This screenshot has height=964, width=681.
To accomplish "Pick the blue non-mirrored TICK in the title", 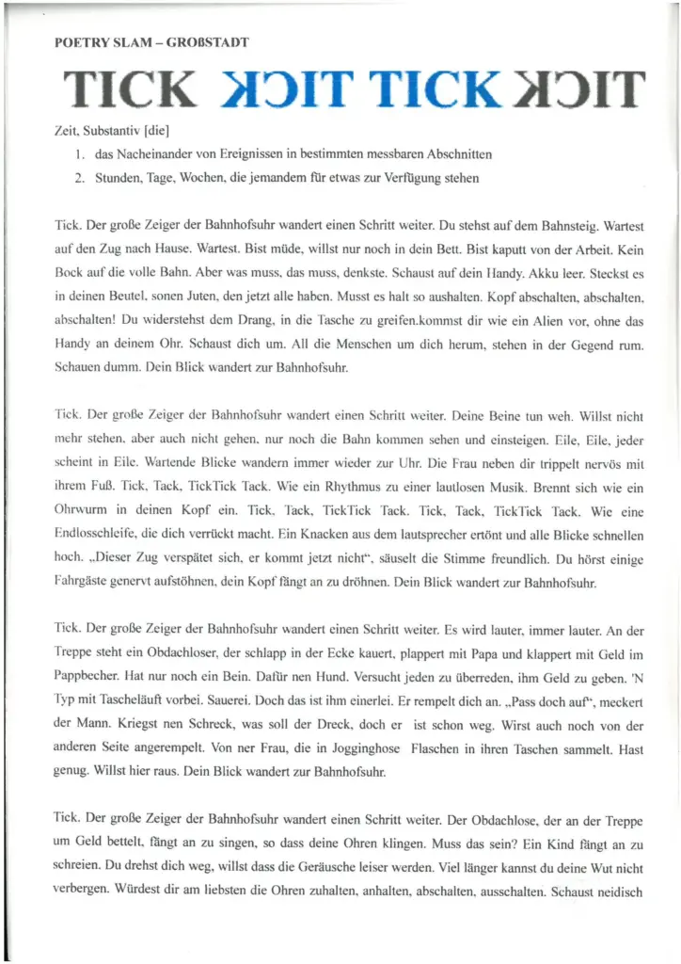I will click(x=434, y=89).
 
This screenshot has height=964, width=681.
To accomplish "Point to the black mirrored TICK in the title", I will click(x=580, y=89).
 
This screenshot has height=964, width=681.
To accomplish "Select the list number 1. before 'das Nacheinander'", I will click(x=82, y=153).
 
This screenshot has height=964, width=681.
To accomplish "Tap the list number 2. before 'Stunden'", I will click(x=82, y=177).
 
